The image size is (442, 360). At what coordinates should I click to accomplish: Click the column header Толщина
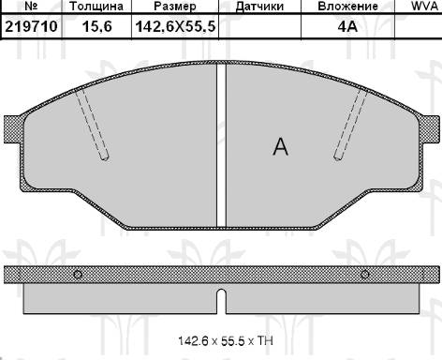point(96,7)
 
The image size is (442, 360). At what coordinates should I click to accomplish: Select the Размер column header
point(173,7)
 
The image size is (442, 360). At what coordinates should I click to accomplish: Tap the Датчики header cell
point(260,7)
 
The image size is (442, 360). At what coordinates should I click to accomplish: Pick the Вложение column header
point(348,7)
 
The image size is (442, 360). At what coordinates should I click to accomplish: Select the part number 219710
point(31,28)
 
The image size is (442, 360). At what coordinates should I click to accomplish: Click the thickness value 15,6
point(96,28)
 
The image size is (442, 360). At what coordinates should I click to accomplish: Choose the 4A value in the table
point(348,28)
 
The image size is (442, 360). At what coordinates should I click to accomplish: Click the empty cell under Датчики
point(260,28)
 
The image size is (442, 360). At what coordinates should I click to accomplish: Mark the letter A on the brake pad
point(279,146)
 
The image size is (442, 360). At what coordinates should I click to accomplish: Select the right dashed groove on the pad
point(350,122)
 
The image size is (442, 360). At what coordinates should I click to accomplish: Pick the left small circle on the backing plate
point(79,274)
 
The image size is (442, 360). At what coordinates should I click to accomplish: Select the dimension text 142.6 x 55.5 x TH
point(221,342)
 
